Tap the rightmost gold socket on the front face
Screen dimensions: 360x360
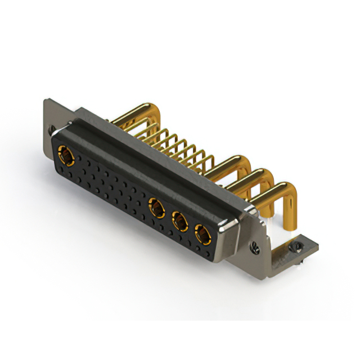point(201,232)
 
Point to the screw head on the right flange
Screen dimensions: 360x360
point(256,245)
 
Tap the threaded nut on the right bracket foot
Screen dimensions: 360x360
point(295,246)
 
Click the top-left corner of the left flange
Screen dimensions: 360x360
point(46,102)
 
